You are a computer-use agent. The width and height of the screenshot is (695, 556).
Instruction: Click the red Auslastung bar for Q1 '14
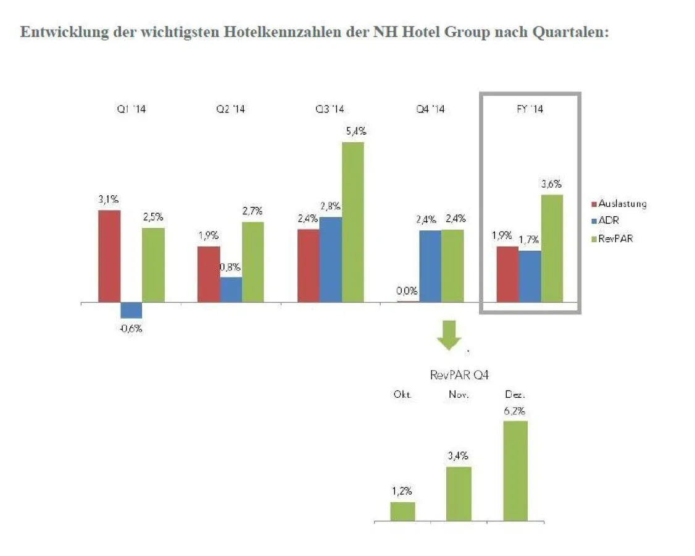coord(109,256)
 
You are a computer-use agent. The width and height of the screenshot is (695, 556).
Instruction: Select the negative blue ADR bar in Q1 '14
coord(131,310)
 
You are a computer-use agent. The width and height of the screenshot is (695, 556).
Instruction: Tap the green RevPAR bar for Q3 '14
coord(353,222)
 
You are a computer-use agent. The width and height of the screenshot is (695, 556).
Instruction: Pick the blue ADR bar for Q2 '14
coord(231,290)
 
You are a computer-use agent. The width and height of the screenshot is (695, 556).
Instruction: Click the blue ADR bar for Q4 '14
coord(430,266)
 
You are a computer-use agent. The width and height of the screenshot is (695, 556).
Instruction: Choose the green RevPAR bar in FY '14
coord(552,248)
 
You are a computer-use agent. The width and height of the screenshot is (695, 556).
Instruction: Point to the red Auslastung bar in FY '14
coord(507,274)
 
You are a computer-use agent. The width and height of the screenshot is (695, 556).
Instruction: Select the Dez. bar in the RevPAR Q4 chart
coord(515,471)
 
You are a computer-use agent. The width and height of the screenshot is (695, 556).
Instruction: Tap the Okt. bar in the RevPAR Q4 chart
coord(402,512)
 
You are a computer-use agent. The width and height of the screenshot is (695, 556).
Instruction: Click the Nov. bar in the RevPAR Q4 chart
coord(459,494)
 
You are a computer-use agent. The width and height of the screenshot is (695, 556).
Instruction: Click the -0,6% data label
coord(131,329)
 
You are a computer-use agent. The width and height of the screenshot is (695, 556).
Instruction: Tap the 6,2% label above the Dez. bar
coord(515,411)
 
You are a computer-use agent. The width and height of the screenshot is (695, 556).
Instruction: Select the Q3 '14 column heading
coord(330,109)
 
